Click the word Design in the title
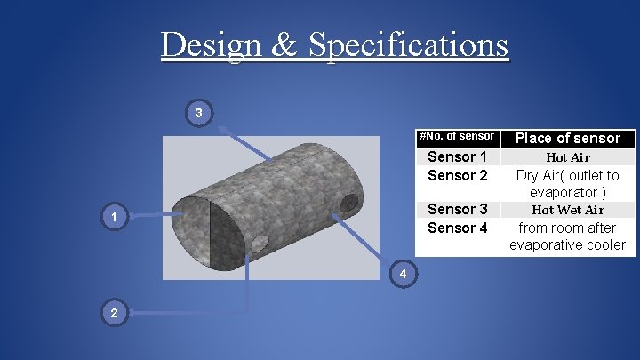click(x=213, y=44)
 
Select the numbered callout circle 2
click(x=113, y=312)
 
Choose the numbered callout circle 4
click(x=403, y=274)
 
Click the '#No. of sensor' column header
click(x=457, y=136)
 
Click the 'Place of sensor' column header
click(x=567, y=138)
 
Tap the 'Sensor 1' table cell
click(x=457, y=157)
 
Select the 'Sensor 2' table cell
click(x=457, y=175)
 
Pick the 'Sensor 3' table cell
click(x=457, y=210)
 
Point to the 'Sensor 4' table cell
click(x=457, y=228)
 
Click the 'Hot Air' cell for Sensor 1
click(x=567, y=157)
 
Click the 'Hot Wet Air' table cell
click(x=567, y=210)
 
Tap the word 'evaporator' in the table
click(x=563, y=193)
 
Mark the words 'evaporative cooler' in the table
click(x=567, y=245)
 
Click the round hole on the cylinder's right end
click(x=349, y=203)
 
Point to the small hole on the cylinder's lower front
click(x=259, y=243)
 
